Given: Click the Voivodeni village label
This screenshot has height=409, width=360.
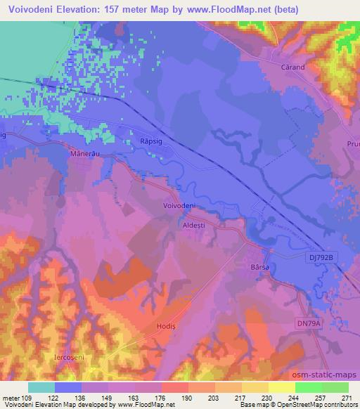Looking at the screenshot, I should (x=179, y=205).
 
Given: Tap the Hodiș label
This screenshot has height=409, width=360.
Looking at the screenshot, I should (x=166, y=327).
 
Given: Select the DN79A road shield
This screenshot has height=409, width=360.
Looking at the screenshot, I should (x=307, y=323).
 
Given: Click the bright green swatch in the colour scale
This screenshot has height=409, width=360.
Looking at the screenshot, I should (x=308, y=387).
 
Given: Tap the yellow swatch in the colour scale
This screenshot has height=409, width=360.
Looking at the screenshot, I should (x=255, y=387).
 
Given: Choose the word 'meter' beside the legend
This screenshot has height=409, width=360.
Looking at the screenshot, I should (x=11, y=397).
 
